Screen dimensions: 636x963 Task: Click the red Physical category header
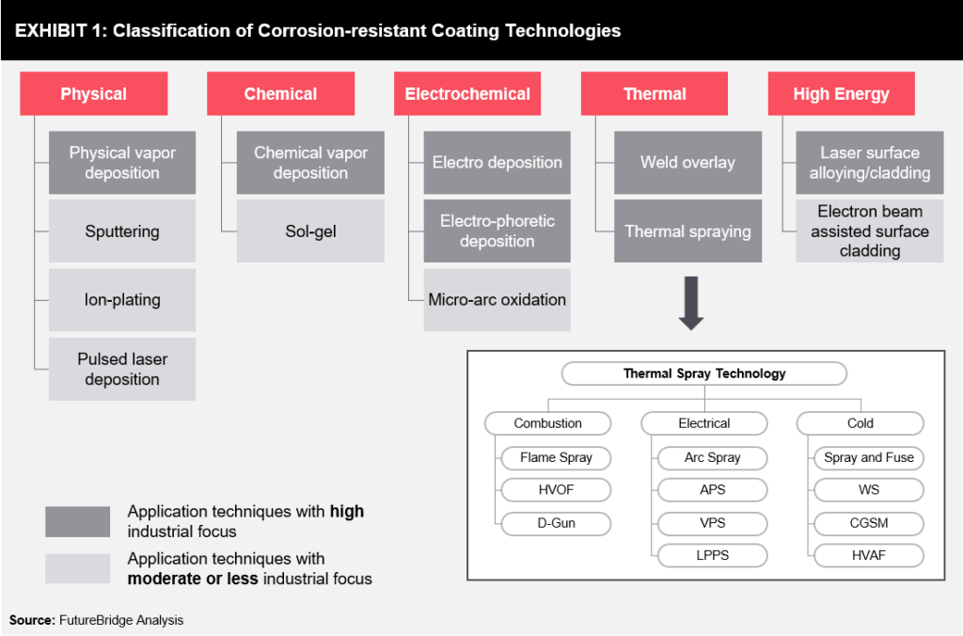(93, 94)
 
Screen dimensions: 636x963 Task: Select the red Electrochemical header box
(467, 94)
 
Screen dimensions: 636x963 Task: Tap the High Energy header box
(841, 94)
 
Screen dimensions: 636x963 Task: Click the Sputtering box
(122, 231)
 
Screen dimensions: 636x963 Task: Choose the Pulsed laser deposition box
(122, 369)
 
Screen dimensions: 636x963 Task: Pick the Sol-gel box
(310, 231)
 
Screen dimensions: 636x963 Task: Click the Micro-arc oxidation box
(497, 300)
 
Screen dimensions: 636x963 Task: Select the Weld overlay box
(687, 163)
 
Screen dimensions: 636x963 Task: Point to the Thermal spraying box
(687, 231)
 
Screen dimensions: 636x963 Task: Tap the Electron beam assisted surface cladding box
(870, 231)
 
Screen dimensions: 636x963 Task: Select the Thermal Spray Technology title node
(704, 374)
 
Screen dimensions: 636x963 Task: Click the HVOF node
(556, 490)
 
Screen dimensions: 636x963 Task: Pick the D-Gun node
(556, 522)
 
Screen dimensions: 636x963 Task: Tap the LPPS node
(712, 555)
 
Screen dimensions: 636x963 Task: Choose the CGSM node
(868, 522)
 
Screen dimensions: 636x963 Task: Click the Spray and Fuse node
(868, 458)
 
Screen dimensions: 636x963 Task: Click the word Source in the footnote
(31, 620)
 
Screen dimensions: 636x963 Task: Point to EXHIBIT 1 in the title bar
(57, 31)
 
